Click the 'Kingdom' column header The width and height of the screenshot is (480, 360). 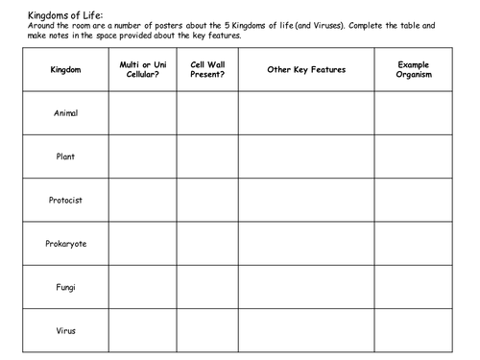coord(65,70)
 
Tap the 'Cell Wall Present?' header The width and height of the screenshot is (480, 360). coord(207,69)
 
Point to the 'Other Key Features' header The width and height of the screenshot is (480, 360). coord(306,70)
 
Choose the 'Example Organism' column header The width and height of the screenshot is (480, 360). coord(413,69)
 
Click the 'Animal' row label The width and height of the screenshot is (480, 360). coord(65,113)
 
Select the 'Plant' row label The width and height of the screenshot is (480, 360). coord(65,156)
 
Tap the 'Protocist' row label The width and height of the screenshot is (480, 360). coord(65,201)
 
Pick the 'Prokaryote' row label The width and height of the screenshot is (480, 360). coord(65,244)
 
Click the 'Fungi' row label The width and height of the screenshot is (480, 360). coord(65,287)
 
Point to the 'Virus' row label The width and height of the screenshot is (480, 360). coord(65,330)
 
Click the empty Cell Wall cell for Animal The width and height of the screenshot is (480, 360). coord(207,113)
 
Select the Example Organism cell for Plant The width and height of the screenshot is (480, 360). coord(413,156)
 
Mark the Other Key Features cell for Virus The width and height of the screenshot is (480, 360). coord(306,330)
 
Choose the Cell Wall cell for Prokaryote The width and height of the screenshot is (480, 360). coord(207,244)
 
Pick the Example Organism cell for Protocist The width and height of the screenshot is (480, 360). coord(413,201)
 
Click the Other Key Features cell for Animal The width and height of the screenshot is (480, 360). coord(306,113)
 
